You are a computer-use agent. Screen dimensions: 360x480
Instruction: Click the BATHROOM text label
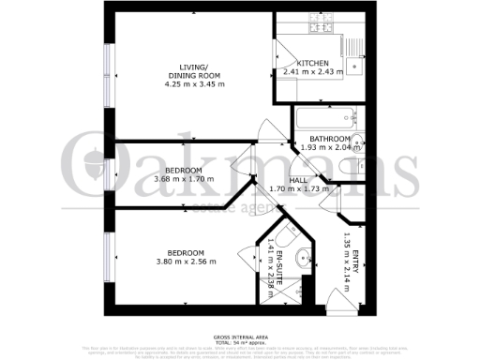(330, 138)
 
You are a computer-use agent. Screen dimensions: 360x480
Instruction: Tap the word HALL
(298, 179)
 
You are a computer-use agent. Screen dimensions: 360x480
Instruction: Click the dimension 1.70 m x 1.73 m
(298, 188)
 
